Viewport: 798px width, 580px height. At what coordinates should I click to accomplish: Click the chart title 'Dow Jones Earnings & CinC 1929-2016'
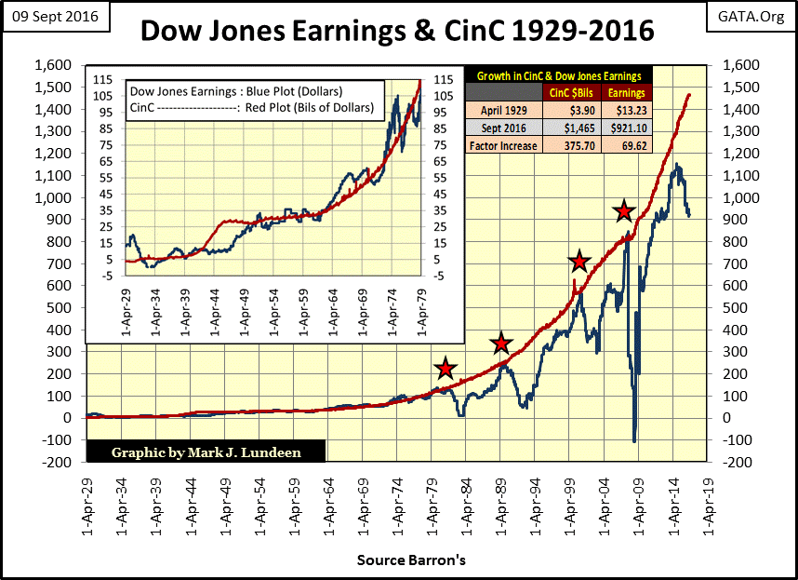[397, 31]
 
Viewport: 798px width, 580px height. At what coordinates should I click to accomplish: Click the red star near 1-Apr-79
[446, 370]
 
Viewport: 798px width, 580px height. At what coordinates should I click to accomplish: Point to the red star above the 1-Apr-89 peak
[500, 344]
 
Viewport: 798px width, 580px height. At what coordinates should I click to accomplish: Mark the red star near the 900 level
[623, 211]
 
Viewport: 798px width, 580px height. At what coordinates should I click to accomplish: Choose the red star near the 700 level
[579, 262]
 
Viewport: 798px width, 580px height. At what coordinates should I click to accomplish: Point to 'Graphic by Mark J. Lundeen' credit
[206, 452]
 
